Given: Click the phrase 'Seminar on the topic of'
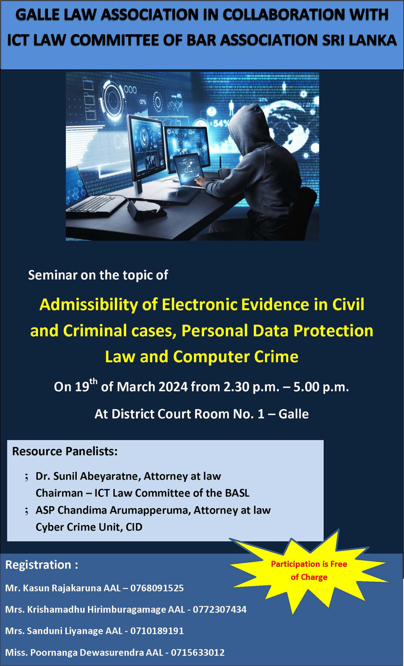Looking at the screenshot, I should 98,275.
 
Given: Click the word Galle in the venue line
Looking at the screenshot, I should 293,414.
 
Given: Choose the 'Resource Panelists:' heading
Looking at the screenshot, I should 65,451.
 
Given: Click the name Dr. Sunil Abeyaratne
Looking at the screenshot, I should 88,476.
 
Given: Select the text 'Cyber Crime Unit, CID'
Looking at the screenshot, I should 89,527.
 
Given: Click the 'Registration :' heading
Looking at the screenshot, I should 42,565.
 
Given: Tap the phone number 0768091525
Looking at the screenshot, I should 157,588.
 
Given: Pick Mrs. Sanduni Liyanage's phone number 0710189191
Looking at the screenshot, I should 157,631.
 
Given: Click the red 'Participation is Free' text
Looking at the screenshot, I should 309,564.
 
